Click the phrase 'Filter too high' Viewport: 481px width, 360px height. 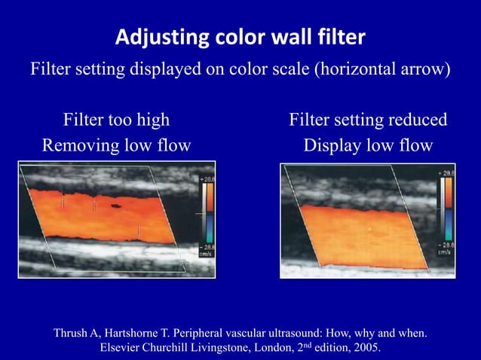click(116, 120)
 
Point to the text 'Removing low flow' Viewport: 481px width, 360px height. click(116, 145)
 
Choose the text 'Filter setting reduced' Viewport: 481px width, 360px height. click(368, 120)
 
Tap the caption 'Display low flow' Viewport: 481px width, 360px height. click(368, 145)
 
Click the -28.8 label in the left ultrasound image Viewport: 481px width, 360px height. click(205, 246)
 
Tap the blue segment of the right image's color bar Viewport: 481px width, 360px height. click(449, 225)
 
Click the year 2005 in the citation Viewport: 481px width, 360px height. click(365, 349)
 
